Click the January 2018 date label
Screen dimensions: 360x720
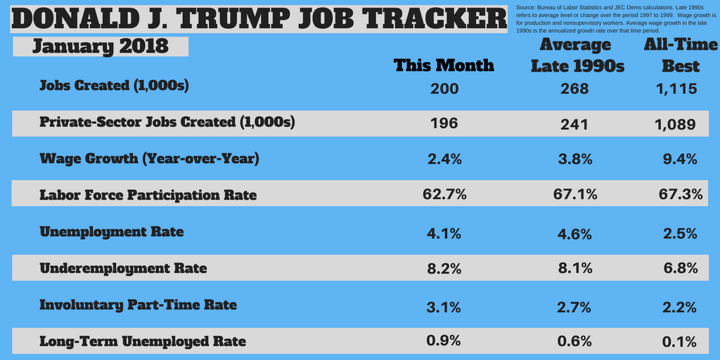[x=101, y=46]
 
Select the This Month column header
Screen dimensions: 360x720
[x=444, y=65]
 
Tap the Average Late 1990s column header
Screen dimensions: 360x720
[x=575, y=56]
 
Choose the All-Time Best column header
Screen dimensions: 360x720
[x=681, y=56]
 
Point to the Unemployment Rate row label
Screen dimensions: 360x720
[x=112, y=231]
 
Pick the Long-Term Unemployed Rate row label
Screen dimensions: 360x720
[x=143, y=342]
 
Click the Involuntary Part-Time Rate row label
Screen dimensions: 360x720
[x=138, y=305]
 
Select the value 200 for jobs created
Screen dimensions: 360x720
[x=444, y=89]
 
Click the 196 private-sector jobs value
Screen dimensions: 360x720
[x=444, y=123]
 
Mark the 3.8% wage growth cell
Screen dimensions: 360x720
[x=575, y=159]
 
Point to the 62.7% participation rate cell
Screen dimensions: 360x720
[x=444, y=194]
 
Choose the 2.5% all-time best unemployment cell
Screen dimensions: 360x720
[x=680, y=233]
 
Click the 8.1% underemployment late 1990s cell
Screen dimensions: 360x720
[x=575, y=269]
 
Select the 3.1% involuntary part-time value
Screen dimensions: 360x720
[x=444, y=307]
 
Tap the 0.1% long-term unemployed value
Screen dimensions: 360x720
[x=680, y=342]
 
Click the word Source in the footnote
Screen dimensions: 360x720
[x=527, y=7]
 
